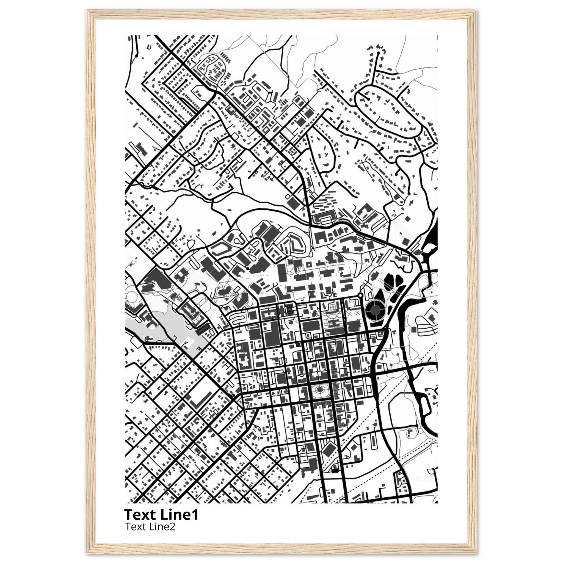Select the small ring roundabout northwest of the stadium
click(x=360, y=295)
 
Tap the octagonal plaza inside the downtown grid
click(x=320, y=390)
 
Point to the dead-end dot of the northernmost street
click(x=378, y=53)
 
